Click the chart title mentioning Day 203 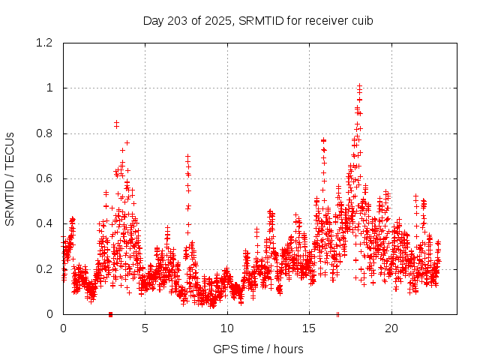coord(258,20)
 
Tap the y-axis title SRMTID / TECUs coord(10,178)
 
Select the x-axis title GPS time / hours coord(258,349)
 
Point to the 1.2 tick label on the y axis coord(44,43)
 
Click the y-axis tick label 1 coord(50,88)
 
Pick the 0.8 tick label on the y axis coord(44,133)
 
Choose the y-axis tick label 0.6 coord(44,178)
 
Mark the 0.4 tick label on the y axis coord(44,223)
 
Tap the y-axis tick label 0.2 coord(44,268)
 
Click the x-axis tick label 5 coord(145,328)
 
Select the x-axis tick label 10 coord(227,328)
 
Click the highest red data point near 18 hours coord(360,85)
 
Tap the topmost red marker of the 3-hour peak coord(116,122)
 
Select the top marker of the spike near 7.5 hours coord(187,156)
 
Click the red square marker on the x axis coord(110,314)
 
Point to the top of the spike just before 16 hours coord(324,140)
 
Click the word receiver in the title coord(322,20)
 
